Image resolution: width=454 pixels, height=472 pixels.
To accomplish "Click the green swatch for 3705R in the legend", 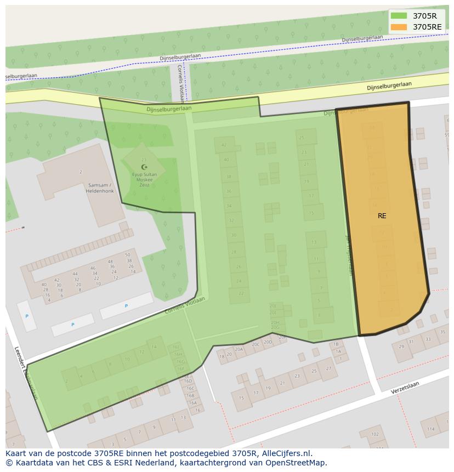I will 399,16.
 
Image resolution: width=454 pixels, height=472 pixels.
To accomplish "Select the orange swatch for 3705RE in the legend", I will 399,27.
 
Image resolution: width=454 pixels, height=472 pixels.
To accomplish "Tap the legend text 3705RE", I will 427,27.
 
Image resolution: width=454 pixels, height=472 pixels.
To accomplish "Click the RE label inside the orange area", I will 382,216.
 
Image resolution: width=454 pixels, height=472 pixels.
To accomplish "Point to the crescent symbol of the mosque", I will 144,167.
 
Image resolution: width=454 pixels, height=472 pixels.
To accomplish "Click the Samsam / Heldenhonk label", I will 99,187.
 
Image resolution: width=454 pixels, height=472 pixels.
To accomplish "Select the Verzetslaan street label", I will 405,389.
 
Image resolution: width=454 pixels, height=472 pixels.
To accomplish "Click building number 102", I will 374,434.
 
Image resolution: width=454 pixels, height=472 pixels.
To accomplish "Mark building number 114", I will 430,429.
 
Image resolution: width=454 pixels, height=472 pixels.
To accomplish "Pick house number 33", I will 428,339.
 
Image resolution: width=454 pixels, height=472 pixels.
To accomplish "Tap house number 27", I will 328,369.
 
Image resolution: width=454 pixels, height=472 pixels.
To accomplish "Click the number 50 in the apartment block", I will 128,255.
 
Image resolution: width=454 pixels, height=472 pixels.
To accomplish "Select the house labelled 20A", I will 239,349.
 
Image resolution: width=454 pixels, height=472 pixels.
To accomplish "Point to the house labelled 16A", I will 192,402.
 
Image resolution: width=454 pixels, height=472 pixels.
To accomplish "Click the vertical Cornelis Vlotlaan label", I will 180,83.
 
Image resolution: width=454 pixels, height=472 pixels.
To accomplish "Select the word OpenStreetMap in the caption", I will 296,463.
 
